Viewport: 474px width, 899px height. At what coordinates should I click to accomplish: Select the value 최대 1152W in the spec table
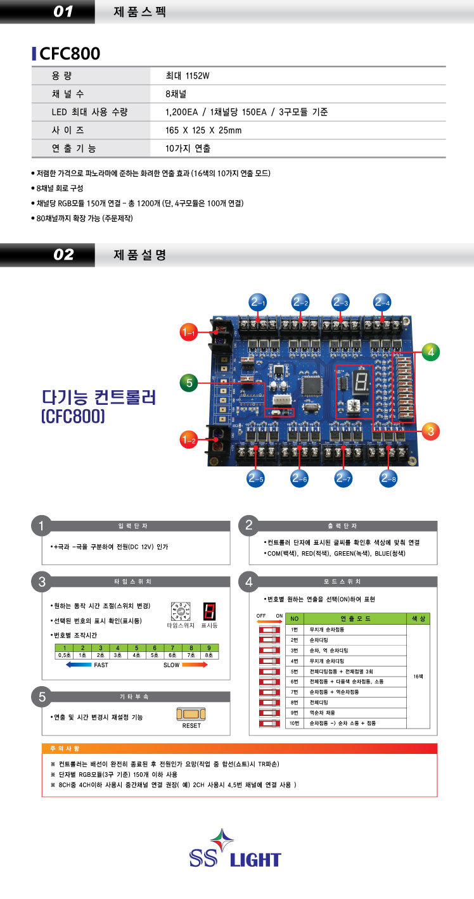click(187, 76)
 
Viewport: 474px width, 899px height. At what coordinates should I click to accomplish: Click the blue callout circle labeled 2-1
click(257, 302)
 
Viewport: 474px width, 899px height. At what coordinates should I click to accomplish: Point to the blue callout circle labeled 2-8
click(387, 479)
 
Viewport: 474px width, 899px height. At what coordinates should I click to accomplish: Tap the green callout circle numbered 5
click(189, 382)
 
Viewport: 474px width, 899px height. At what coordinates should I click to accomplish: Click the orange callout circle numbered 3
click(430, 431)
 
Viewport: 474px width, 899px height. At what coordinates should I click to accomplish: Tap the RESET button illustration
click(191, 715)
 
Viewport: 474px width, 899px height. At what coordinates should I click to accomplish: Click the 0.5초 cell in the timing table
click(64, 654)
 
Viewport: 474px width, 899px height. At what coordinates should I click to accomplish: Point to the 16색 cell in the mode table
click(418, 677)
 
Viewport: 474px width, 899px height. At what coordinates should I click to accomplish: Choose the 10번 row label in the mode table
click(293, 722)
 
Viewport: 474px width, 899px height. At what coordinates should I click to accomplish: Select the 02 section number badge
click(63, 255)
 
